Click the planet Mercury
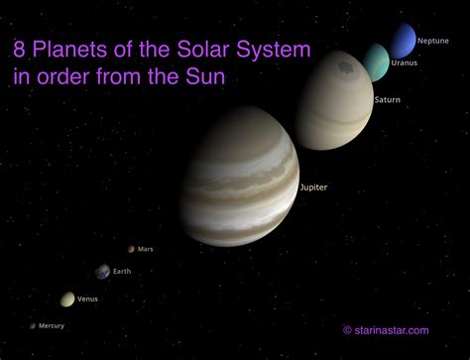[x=33, y=325]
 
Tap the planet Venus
[x=67, y=299]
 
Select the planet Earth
[x=102, y=271]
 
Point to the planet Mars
[x=131, y=249]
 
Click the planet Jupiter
[x=239, y=187]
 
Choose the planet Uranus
[x=377, y=61]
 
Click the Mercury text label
[x=52, y=325]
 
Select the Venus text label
[x=87, y=299]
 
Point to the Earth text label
[x=122, y=271]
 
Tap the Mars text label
[x=147, y=249]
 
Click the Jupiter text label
[x=313, y=186]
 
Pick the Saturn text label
[x=388, y=100]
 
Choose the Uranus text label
[x=405, y=62]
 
